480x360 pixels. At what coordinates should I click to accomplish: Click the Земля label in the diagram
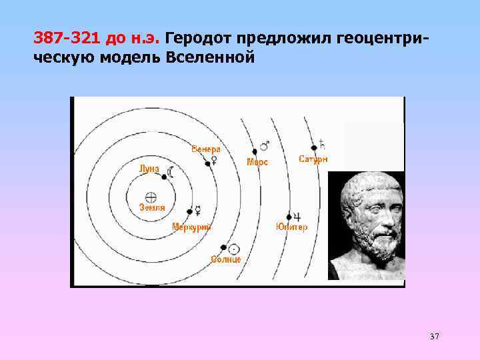click(x=152, y=207)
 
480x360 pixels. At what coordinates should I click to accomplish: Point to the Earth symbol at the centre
click(x=151, y=197)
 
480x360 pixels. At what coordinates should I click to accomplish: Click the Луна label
click(x=149, y=169)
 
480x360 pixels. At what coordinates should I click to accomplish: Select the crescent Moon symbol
click(x=171, y=172)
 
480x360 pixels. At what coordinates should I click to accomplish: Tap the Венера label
click(x=205, y=149)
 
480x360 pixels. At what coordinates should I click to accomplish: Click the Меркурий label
click(x=191, y=227)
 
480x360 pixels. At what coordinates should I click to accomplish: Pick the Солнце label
click(x=225, y=259)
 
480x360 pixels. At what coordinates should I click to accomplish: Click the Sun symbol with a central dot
click(x=233, y=249)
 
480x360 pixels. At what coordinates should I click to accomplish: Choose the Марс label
click(x=257, y=162)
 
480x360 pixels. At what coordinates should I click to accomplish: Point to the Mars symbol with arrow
click(x=265, y=144)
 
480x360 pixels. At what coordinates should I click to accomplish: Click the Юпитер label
click(x=291, y=227)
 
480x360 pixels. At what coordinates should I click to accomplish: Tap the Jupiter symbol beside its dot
click(x=297, y=217)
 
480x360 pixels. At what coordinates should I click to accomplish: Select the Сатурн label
click(x=313, y=159)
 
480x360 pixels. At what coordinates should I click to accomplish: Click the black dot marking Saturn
click(x=313, y=147)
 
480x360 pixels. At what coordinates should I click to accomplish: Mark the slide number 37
click(x=435, y=336)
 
